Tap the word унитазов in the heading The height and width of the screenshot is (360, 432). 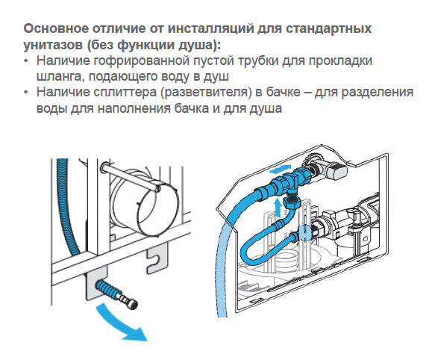tap(54, 44)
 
